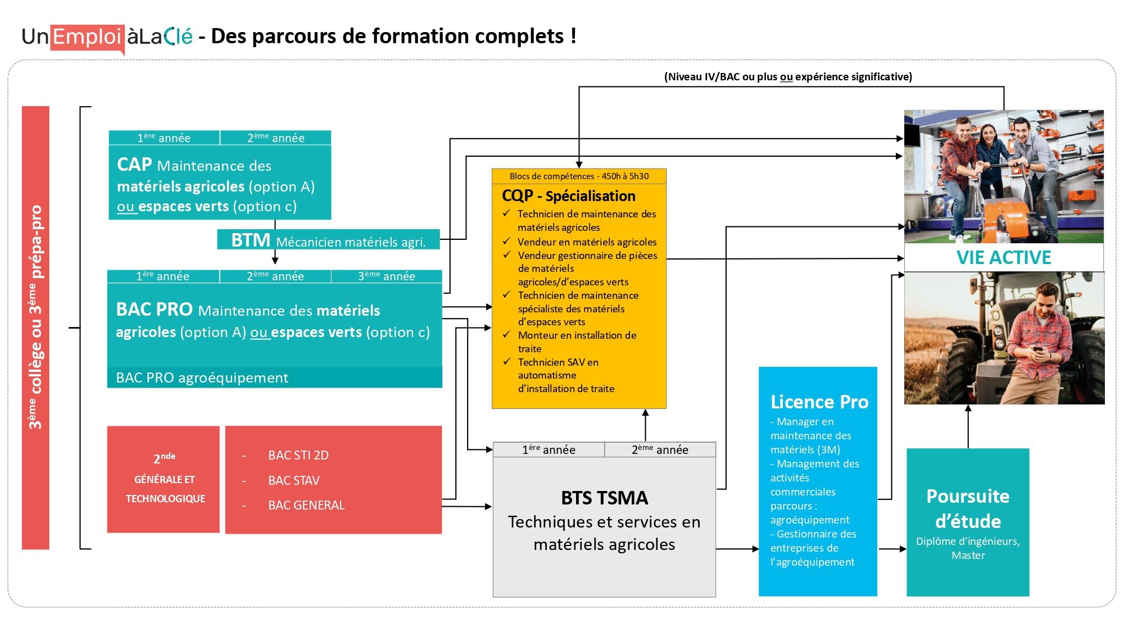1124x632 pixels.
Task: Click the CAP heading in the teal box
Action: [134, 165]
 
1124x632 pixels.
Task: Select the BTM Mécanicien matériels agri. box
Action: [328, 240]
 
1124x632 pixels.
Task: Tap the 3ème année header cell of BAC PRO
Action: [387, 276]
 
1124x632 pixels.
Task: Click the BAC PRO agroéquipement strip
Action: [274, 378]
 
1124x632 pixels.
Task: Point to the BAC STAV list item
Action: [293, 480]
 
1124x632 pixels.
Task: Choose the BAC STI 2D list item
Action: [298, 455]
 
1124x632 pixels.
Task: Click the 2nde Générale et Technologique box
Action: [164, 479]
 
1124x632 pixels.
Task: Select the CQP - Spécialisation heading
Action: [568, 196]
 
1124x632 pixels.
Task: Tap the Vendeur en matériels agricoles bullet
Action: [587, 242]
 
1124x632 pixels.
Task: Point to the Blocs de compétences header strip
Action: [579, 176]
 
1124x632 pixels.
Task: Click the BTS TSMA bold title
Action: [604, 498]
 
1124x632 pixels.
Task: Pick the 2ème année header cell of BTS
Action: [660, 449]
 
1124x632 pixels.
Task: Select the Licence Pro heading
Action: [819, 402]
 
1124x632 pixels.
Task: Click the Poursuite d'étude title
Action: [967, 508]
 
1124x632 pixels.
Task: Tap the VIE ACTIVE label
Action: [1003, 257]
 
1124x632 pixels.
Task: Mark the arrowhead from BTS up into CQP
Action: [645, 413]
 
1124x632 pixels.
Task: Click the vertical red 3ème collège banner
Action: [35, 328]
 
